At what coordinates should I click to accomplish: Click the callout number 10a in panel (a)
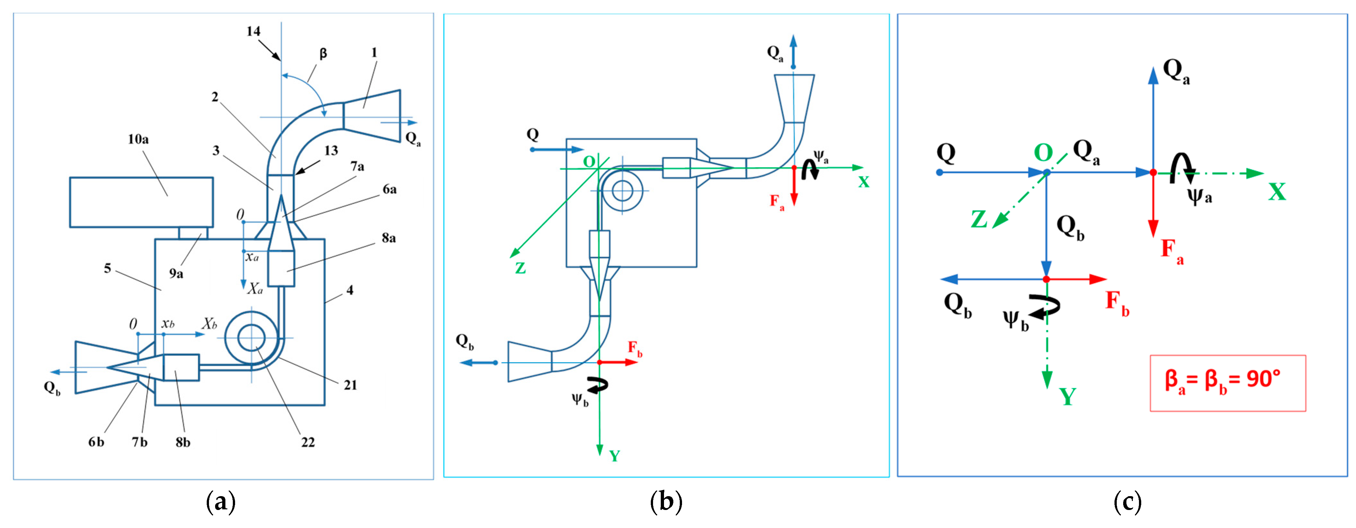point(138,139)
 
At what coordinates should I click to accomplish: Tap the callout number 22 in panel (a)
point(308,442)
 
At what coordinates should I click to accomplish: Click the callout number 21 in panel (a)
point(350,385)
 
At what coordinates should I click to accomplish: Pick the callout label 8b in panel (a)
point(183,442)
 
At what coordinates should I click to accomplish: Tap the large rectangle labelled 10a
point(141,202)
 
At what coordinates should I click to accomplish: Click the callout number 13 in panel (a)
point(331,151)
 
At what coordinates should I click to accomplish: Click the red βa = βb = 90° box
point(1228,383)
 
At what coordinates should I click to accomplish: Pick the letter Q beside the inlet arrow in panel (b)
point(533,134)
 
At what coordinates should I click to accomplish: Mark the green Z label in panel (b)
point(520,268)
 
